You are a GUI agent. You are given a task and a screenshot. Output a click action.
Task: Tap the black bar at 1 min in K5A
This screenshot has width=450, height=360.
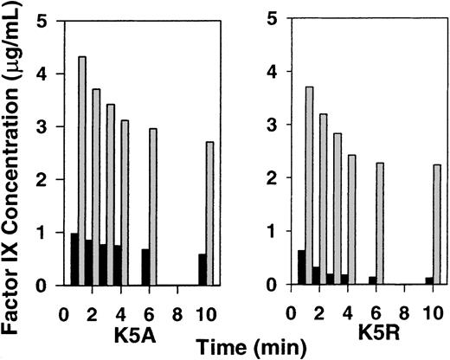click(x=74, y=259)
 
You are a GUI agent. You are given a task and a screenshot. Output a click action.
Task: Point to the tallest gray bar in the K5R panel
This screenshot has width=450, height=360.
click(x=309, y=185)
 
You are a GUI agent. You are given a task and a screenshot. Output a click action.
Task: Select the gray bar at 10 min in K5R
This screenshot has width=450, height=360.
click(x=436, y=224)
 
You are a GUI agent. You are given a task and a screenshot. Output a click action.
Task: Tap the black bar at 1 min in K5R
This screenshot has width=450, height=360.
click(x=300, y=267)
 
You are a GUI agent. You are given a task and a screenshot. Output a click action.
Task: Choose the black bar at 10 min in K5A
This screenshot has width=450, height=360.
click(x=202, y=269)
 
